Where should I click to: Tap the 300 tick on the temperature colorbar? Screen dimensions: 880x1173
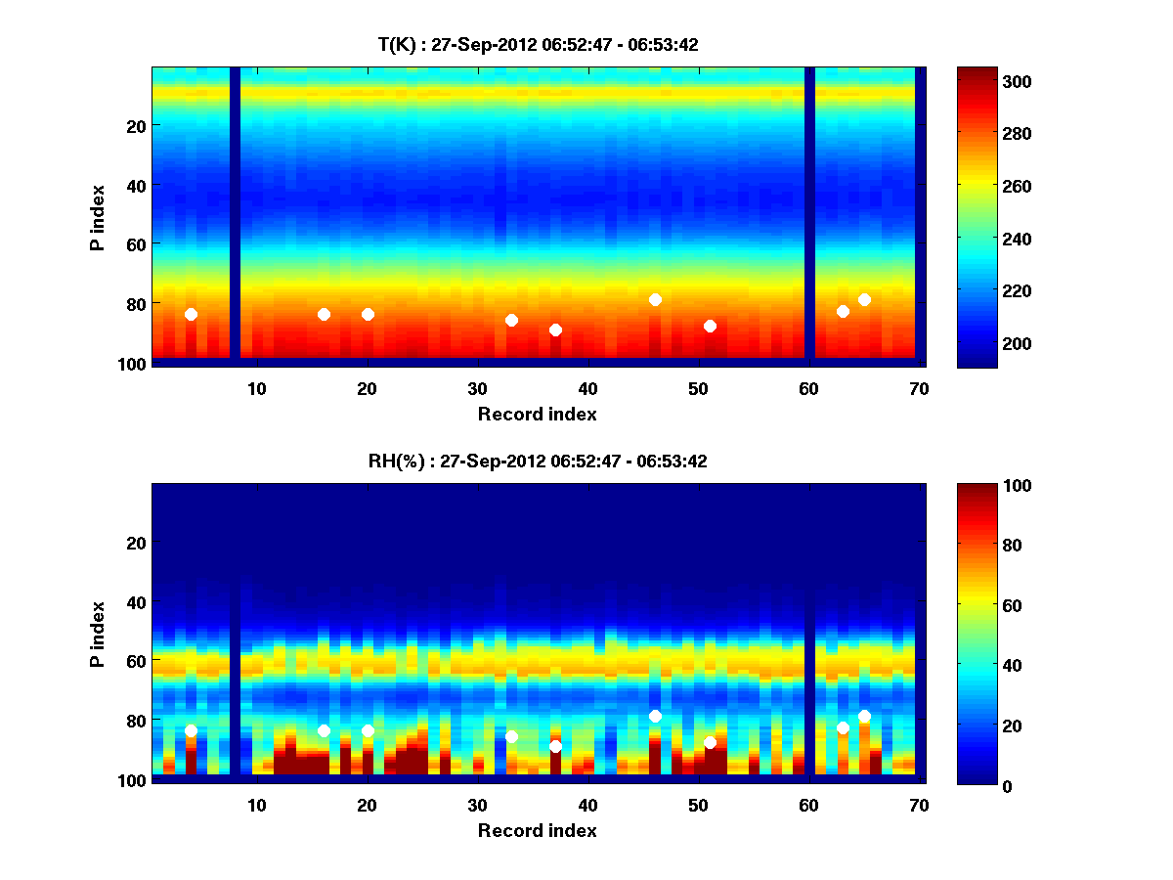(979, 81)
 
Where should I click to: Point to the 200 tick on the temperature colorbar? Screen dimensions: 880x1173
(979, 343)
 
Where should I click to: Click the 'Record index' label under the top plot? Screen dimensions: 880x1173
(538, 414)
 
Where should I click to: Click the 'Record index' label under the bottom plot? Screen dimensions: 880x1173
(538, 830)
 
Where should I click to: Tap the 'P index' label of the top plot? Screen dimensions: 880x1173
(98, 217)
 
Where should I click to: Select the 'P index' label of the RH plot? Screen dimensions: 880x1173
(98, 634)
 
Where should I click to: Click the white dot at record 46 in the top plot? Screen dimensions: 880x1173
(655, 299)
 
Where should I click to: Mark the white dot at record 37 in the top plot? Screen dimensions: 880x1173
(555, 330)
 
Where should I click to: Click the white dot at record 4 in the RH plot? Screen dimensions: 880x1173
(191, 730)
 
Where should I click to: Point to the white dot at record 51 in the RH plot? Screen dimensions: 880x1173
(710, 742)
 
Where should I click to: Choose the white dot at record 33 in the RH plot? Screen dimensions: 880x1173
(511, 736)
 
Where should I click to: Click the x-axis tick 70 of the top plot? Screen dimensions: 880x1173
(919, 388)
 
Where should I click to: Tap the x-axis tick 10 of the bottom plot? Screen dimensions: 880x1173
(256, 805)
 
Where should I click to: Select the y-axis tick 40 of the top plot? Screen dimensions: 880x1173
(135, 185)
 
